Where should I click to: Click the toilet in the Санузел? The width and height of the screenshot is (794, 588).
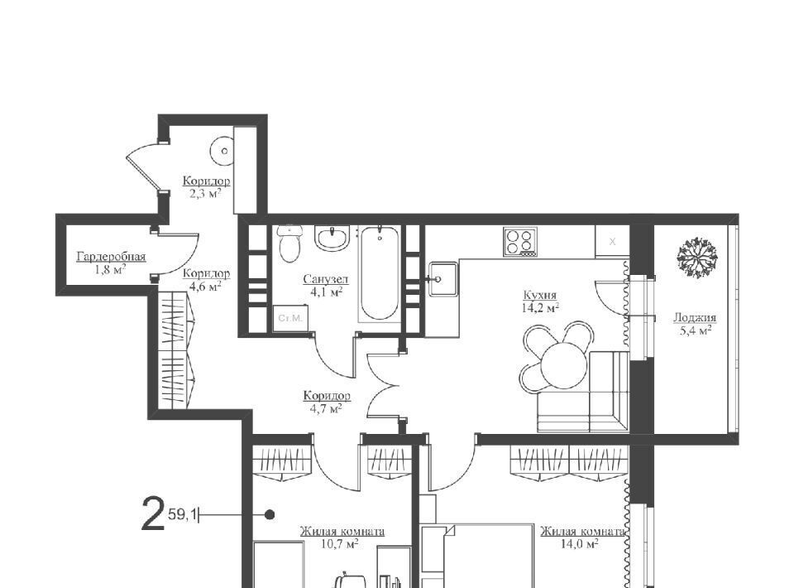click(x=289, y=243)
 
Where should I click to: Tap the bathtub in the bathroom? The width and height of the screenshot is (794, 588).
click(x=380, y=273)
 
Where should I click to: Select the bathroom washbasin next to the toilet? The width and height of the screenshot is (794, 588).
click(x=332, y=238)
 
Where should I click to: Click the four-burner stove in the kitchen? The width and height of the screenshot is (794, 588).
click(x=519, y=241)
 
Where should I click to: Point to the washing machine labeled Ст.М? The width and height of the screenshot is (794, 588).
click(x=290, y=318)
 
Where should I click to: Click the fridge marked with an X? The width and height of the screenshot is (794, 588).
click(x=612, y=241)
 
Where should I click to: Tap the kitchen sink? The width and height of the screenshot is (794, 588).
click(x=443, y=278)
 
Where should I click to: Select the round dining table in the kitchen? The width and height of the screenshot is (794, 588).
click(x=563, y=364)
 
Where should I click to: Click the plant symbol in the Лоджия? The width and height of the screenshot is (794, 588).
click(x=697, y=258)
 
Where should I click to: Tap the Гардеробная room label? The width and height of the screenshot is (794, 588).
click(x=112, y=257)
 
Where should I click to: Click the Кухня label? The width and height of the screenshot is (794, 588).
click(x=540, y=295)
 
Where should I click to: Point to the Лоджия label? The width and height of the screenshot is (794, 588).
click(x=694, y=318)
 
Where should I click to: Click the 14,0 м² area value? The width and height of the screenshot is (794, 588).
click(x=579, y=544)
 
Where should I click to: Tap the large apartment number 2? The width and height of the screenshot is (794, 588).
click(x=153, y=514)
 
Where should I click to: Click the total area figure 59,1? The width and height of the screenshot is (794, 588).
click(x=182, y=515)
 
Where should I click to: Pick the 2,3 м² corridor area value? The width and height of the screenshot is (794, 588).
click(x=205, y=193)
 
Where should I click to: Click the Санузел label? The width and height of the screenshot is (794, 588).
click(x=326, y=279)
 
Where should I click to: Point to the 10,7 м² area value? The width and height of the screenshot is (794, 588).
click(x=340, y=544)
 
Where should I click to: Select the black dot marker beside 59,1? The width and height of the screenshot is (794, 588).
click(x=270, y=515)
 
